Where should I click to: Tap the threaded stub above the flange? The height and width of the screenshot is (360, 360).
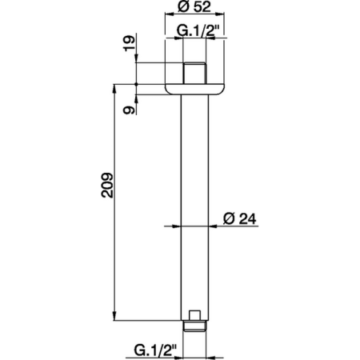[x=192, y=73]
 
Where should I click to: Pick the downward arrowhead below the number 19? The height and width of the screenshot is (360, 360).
[x=137, y=60]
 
